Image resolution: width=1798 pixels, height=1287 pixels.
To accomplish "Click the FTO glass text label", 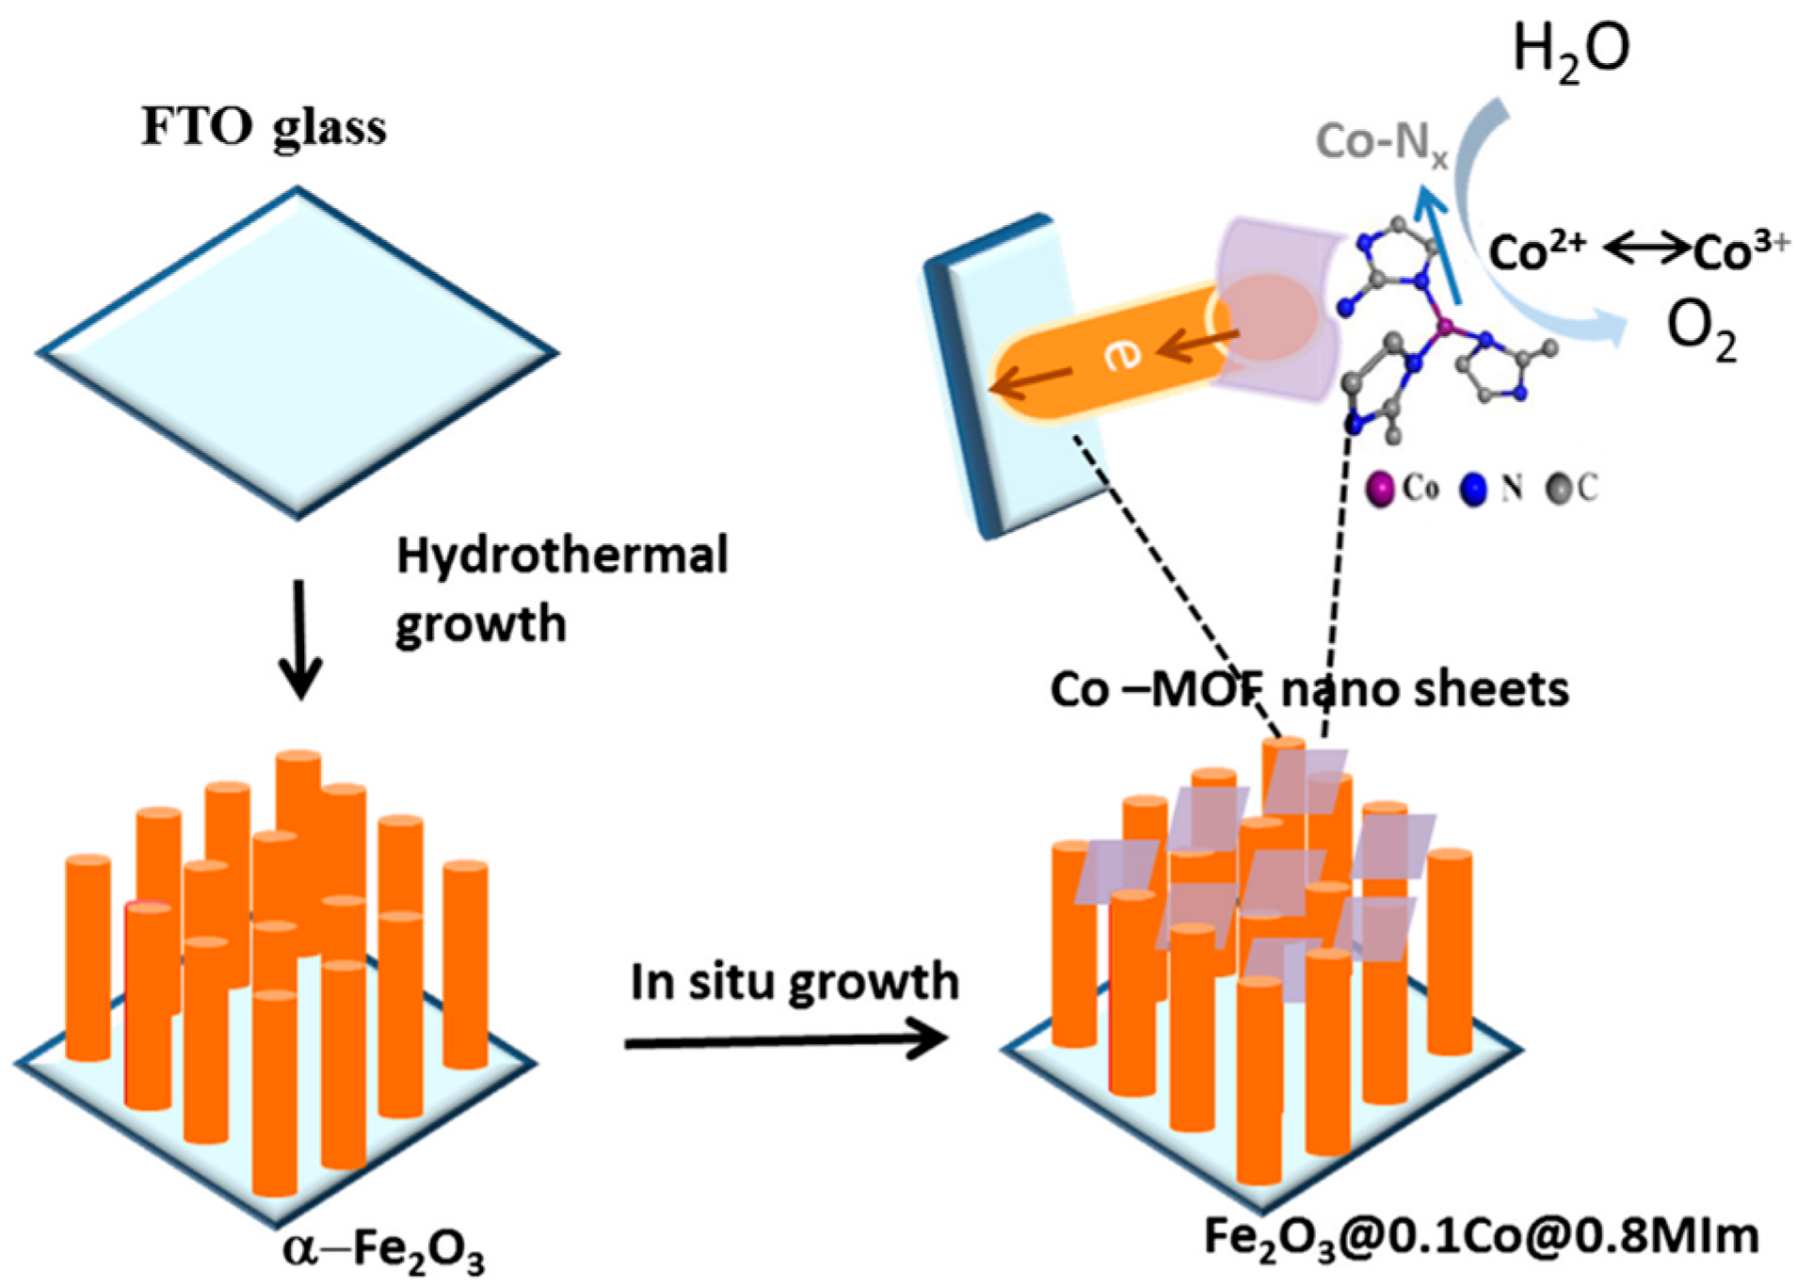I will click(x=264, y=127).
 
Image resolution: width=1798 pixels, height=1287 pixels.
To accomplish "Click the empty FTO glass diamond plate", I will click(x=298, y=353).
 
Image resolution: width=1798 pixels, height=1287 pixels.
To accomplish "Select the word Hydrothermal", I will click(x=562, y=556).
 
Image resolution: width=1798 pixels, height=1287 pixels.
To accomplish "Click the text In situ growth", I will click(x=794, y=982).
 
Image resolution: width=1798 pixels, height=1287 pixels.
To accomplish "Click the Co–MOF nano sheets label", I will click(x=1308, y=690).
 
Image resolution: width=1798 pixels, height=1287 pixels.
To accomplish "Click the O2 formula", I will click(x=1700, y=330).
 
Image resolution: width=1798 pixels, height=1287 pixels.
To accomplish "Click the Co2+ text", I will click(x=1536, y=251).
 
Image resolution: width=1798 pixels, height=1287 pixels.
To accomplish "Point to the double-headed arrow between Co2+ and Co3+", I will click(x=1646, y=249).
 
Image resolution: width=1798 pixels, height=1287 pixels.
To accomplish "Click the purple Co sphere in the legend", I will click(x=1380, y=489).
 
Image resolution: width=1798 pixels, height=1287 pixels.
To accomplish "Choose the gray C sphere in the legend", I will click(x=1559, y=488).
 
